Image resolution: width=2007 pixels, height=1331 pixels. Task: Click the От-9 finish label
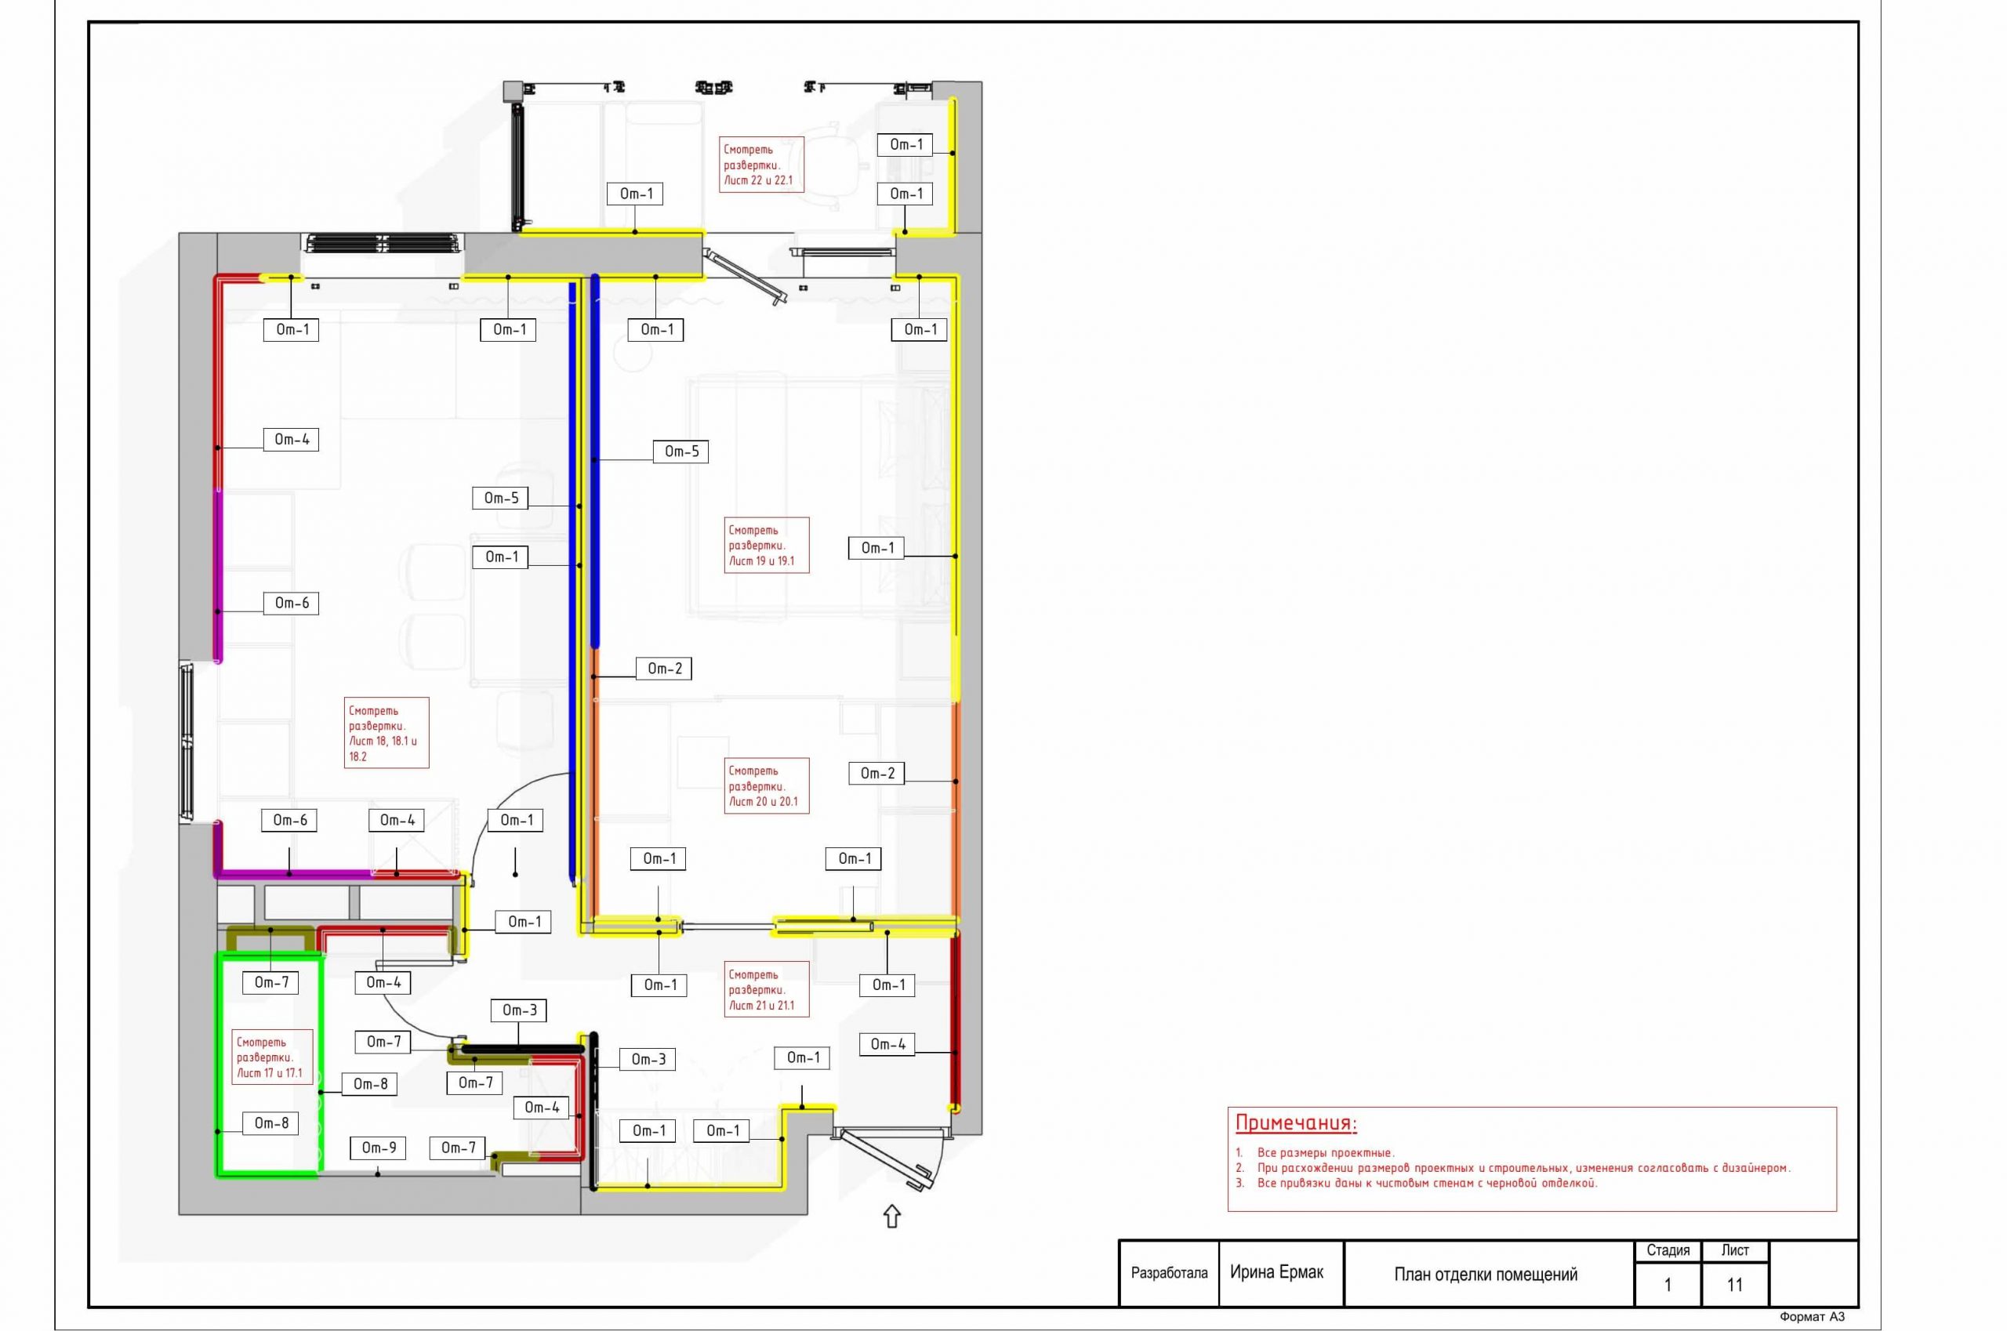(379, 1148)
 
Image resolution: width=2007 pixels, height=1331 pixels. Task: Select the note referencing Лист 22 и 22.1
(761, 165)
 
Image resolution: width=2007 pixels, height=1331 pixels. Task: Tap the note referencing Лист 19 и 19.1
(766, 545)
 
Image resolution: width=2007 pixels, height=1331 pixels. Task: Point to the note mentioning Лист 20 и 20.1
(766, 786)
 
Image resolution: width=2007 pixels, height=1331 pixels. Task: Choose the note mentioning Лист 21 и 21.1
(766, 990)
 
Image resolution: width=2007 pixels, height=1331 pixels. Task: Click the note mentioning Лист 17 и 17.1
(273, 1057)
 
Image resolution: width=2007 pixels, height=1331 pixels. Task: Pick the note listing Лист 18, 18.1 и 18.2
(387, 733)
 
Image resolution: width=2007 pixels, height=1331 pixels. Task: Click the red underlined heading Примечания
(1296, 1123)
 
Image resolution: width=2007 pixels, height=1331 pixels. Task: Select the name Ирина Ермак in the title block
(1276, 1272)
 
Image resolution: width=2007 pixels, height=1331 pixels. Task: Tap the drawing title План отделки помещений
(1486, 1274)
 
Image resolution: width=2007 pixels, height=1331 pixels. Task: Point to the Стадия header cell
(1668, 1250)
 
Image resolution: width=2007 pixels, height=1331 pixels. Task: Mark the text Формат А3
(1812, 1318)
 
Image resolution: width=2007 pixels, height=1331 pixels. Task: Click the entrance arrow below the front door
(891, 1217)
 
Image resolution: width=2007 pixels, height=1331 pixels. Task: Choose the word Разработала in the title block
(1169, 1273)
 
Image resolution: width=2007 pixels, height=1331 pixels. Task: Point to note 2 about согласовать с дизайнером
(1513, 1168)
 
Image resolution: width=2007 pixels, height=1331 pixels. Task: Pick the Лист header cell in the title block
(1735, 1250)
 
